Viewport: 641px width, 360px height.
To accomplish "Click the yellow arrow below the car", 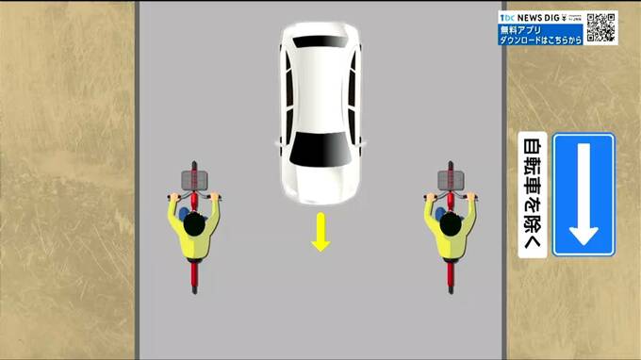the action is [320, 232].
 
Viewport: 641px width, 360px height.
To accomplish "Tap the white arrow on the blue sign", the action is [583, 194].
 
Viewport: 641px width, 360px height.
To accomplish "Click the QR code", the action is [600, 27].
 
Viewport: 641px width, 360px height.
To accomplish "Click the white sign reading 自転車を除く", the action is [533, 195].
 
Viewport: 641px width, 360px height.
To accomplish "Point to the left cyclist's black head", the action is [194, 224].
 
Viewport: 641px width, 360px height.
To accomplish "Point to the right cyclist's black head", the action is [451, 224].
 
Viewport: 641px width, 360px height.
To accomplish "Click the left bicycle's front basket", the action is [194, 180].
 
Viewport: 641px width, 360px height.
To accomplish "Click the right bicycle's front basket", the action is [451, 180].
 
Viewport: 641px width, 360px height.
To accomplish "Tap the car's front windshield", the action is [320, 149].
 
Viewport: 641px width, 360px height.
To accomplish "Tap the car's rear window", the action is [320, 41].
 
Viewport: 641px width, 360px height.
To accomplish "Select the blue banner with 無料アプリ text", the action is [540, 35].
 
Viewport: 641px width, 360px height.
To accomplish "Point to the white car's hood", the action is [320, 184].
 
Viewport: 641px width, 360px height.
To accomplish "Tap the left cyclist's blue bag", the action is [184, 214].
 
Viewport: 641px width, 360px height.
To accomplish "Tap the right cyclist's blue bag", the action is [440, 214].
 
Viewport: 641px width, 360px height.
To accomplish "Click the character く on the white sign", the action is [533, 242].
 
